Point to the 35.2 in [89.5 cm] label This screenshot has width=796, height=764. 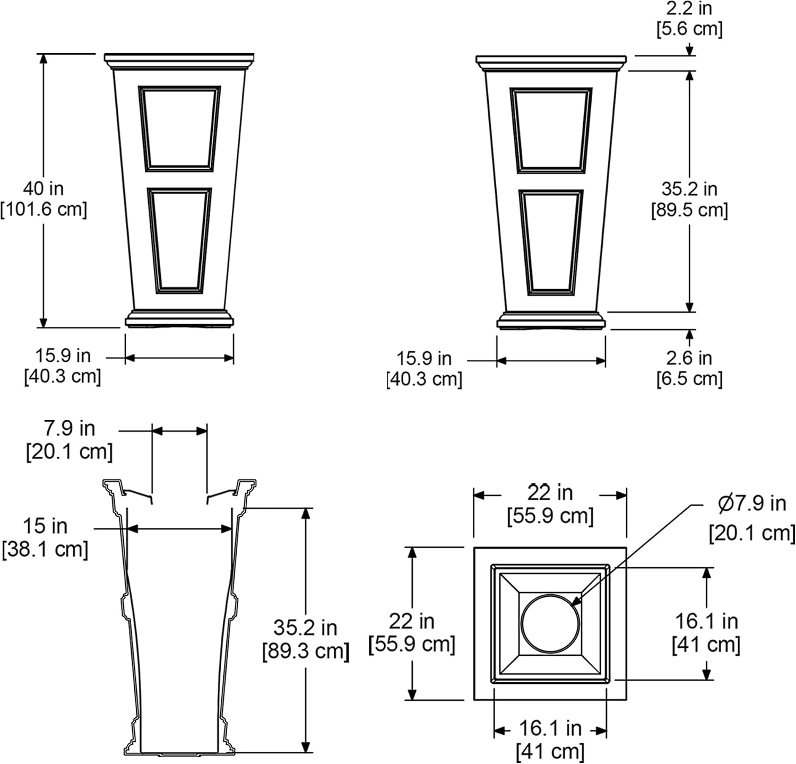[689, 199]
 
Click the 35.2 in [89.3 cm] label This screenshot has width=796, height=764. [306, 639]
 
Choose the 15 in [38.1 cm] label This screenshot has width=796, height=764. [45, 537]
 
